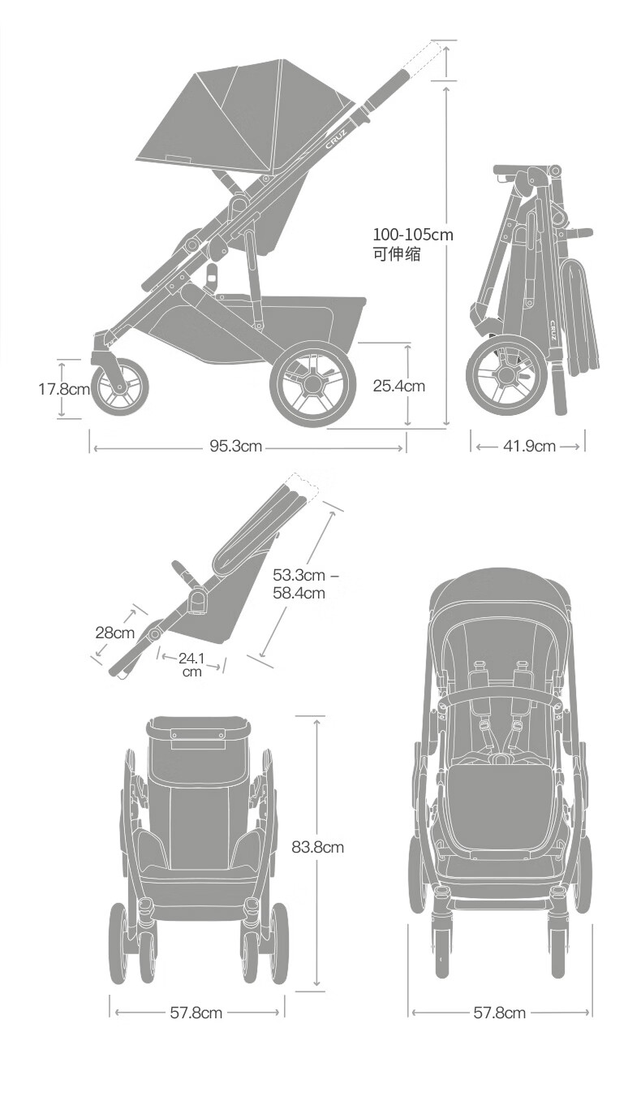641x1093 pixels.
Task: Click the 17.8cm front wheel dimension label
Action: tap(64, 389)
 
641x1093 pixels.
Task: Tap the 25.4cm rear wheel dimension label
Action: tap(398, 386)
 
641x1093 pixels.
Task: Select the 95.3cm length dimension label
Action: tap(236, 446)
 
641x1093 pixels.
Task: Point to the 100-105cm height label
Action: tap(413, 235)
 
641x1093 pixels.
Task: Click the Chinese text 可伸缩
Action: tap(396, 254)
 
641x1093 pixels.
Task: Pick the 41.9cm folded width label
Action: tap(529, 446)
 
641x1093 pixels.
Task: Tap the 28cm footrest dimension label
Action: tap(114, 633)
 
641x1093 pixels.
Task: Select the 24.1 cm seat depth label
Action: tap(191, 665)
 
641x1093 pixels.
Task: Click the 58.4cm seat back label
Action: tap(299, 593)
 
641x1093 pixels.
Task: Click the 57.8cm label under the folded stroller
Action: tap(196, 1013)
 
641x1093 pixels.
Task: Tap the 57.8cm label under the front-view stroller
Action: tap(500, 1013)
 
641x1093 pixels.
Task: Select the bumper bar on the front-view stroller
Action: tap(502, 696)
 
